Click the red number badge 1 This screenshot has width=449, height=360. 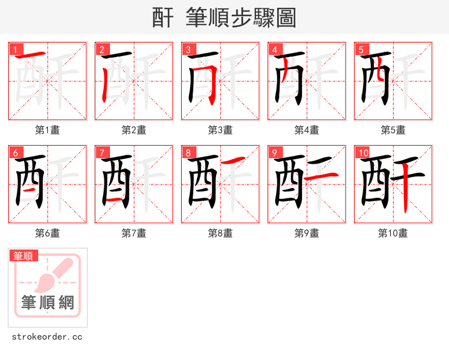(x=15, y=49)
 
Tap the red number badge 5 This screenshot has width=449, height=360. (x=361, y=49)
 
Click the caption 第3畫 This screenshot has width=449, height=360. (x=220, y=130)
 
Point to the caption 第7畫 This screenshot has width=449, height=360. (x=134, y=233)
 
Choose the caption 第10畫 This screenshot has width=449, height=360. (x=393, y=233)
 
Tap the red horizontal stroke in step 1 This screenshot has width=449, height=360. (x=30, y=56)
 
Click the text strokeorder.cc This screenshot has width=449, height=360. (x=47, y=336)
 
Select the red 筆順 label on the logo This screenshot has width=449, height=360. (x=24, y=256)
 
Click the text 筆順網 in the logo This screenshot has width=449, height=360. (x=47, y=303)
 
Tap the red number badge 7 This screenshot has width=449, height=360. (x=102, y=153)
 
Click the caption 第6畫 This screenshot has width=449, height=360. (x=47, y=233)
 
